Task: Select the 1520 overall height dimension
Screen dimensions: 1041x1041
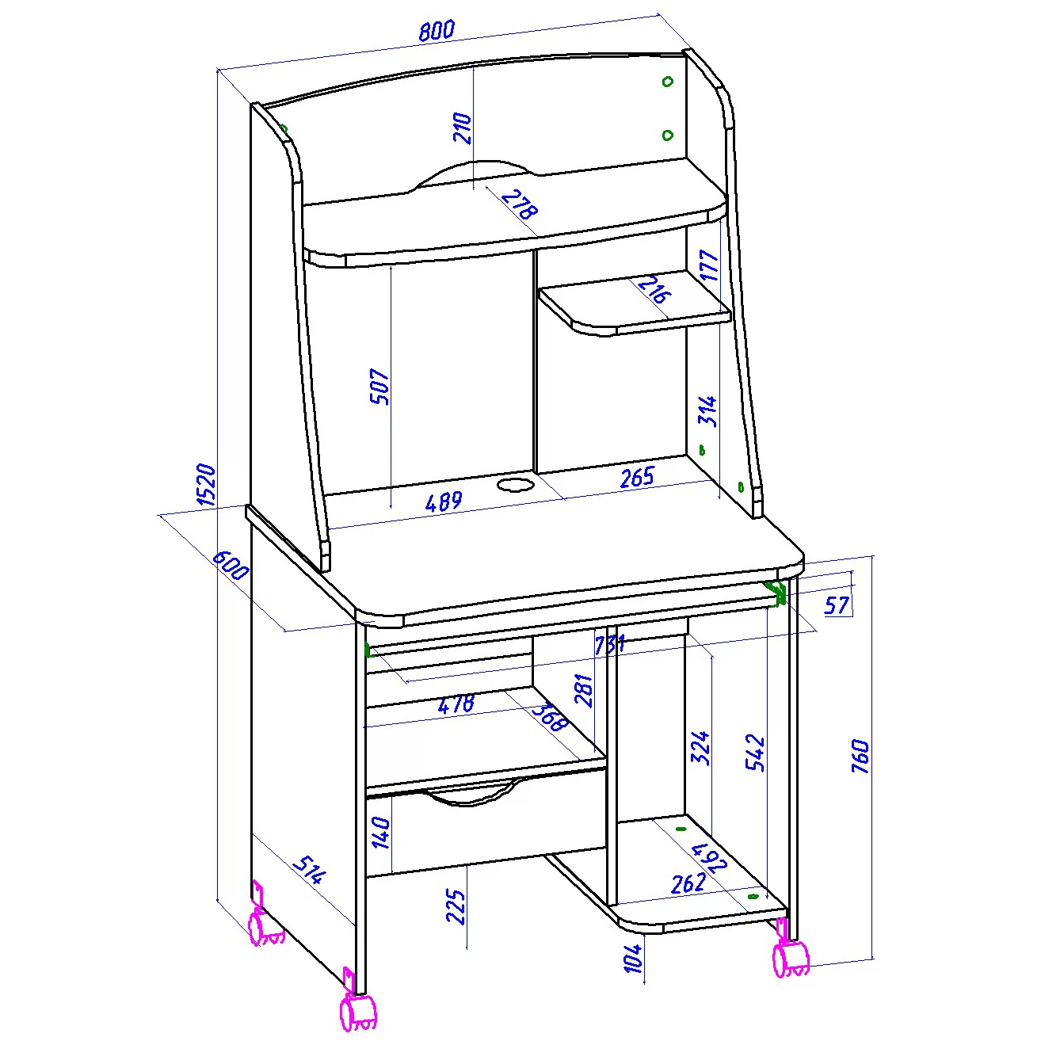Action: tap(207, 485)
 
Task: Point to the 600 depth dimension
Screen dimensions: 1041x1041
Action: tap(232, 565)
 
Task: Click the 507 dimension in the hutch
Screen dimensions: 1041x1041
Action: tap(379, 387)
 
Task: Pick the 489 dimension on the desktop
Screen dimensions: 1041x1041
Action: tap(444, 501)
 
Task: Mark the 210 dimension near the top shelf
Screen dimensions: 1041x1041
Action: tap(463, 128)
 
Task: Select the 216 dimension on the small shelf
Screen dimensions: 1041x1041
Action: tap(655, 290)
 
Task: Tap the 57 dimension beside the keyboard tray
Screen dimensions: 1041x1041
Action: tap(837, 604)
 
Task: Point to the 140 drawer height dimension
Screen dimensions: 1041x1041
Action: tap(381, 833)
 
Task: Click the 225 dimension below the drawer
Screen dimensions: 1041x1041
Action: tap(456, 907)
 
